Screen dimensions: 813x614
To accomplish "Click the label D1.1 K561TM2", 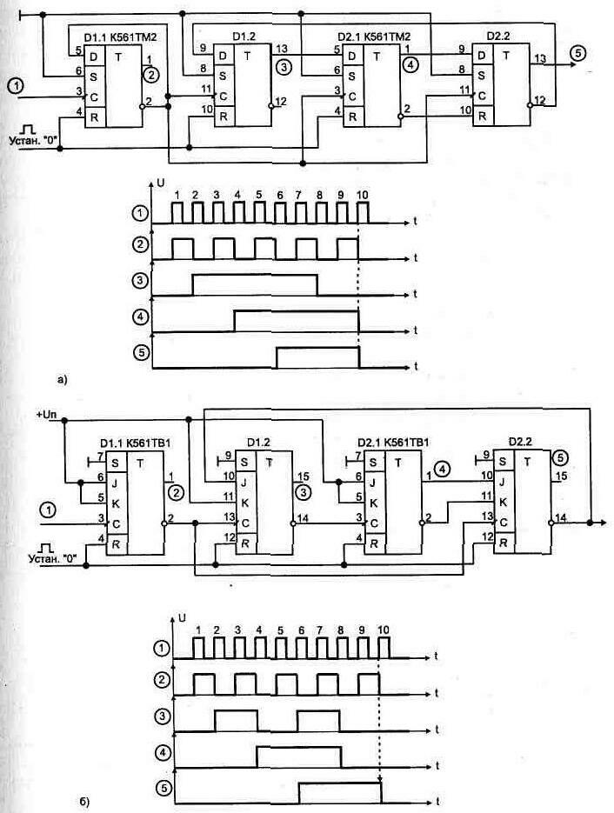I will [120, 37].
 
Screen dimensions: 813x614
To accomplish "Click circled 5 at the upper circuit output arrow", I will [577, 54].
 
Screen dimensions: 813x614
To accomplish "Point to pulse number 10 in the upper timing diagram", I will [361, 194].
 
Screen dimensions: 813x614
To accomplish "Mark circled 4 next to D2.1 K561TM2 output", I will [410, 63].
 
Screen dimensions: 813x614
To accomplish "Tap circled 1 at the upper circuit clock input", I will [16, 85].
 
